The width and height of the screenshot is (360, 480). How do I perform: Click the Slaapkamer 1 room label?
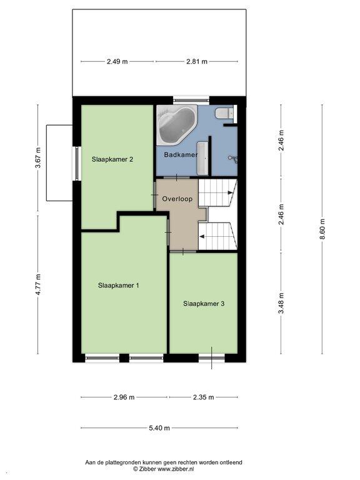coord(119,285)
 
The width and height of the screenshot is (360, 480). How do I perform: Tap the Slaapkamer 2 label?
coord(112,159)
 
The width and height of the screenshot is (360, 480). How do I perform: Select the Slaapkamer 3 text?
coord(204,304)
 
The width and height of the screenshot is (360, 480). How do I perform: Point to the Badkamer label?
coord(181,154)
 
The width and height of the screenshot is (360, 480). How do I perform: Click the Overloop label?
coord(177,199)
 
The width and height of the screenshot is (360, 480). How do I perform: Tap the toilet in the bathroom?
coord(224,113)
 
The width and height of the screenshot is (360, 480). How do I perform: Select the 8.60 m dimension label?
coord(322,229)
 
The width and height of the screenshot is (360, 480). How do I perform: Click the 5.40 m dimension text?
coord(159,428)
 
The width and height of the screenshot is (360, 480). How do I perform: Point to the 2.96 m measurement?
coord(124,397)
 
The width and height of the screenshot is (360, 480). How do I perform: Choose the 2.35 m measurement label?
coord(204,397)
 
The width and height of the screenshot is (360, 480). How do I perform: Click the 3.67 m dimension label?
coord(37,158)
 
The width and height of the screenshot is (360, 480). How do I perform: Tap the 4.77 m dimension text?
coord(38,284)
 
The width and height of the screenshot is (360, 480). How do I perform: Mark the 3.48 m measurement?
coord(281,303)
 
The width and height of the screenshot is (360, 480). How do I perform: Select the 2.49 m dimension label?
coord(117,61)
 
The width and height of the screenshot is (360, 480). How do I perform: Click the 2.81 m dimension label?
coord(197,61)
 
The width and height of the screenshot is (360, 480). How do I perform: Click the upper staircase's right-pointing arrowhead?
coord(230,193)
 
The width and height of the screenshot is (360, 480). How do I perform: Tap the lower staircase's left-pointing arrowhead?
coord(202,236)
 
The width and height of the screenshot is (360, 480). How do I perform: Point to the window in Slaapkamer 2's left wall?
coord(77,164)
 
